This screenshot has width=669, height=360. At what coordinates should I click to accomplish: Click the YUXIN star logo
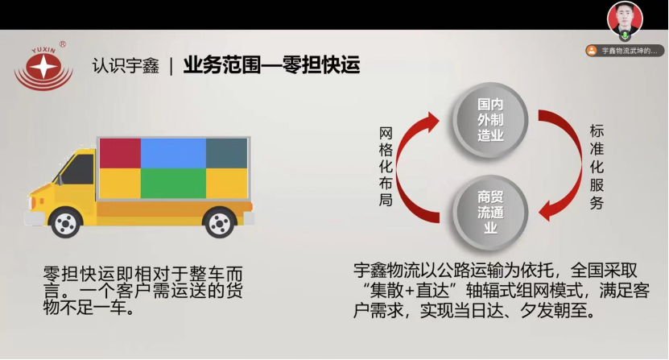pos(43,66)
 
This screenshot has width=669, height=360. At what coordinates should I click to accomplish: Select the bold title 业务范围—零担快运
pos(271,64)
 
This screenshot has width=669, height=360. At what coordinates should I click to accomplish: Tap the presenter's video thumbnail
pos(624,21)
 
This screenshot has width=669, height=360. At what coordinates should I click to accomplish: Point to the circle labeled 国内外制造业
pos(490,119)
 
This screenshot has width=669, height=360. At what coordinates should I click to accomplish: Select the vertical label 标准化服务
pos(597,166)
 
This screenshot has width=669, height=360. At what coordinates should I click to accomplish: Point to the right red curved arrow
pos(560,165)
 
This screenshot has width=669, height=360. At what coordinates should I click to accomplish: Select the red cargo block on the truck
pos(119,153)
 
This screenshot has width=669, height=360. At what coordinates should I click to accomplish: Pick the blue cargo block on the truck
pos(172,153)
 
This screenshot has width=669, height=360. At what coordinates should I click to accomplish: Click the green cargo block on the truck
pos(173,183)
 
